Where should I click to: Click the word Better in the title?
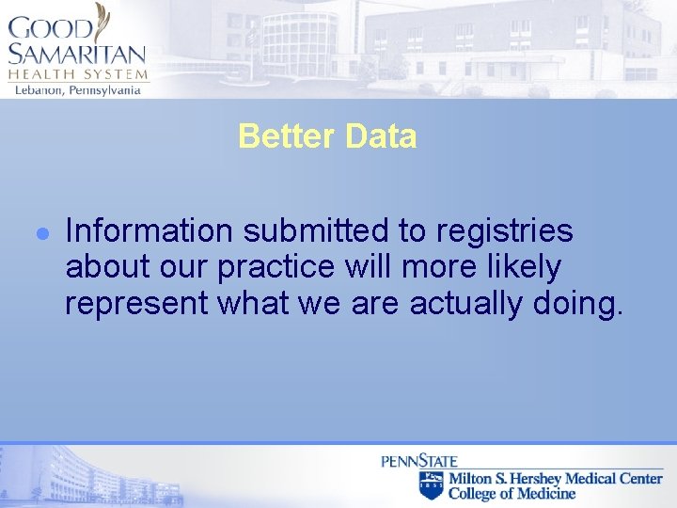(x=288, y=136)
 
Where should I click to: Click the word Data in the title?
(x=380, y=136)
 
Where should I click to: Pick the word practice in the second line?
(x=276, y=267)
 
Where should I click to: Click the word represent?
(x=137, y=304)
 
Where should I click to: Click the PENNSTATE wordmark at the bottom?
(x=419, y=461)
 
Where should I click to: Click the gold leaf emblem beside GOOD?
(x=102, y=21)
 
